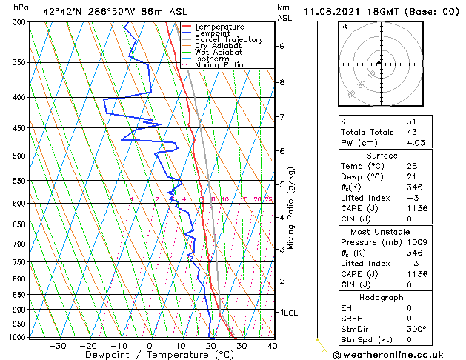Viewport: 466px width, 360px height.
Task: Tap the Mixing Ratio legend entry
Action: (x=219, y=65)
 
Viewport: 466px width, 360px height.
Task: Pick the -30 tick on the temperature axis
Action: (x=57, y=346)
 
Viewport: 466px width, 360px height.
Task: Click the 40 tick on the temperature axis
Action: (x=272, y=346)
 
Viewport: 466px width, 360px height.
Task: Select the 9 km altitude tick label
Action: (x=282, y=46)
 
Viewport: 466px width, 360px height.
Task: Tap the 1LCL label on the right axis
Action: (x=288, y=313)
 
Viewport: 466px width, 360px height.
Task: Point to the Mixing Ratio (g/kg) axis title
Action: (x=291, y=208)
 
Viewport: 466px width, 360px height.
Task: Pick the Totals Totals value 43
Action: (x=412, y=132)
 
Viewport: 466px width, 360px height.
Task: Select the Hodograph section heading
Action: (x=381, y=296)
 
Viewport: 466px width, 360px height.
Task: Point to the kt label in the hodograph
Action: (x=344, y=27)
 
